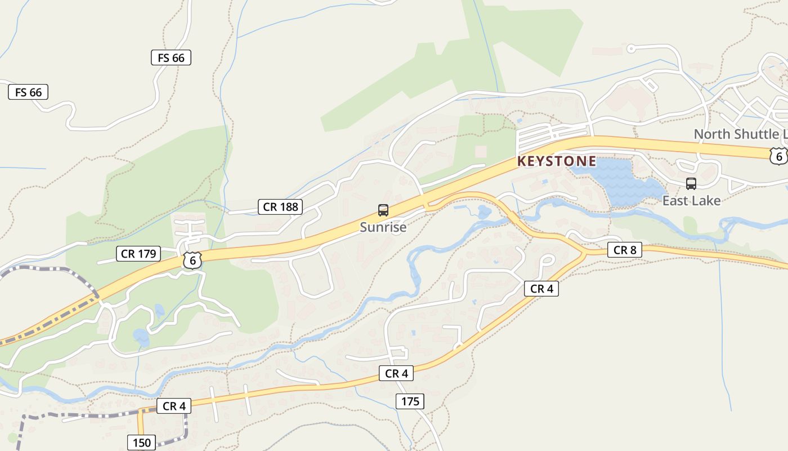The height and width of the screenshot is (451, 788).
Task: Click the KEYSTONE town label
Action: point(556,161)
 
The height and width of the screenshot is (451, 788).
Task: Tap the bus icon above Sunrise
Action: point(383,210)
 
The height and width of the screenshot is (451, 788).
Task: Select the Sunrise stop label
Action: point(383,227)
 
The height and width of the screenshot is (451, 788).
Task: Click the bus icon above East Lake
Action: point(691,184)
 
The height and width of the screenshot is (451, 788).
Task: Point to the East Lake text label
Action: point(691,201)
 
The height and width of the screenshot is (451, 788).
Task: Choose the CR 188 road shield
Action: point(281,207)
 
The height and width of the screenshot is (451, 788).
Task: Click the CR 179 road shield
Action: point(138,254)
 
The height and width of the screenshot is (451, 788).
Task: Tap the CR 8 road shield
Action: point(624,250)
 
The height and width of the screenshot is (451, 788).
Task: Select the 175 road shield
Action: point(410,401)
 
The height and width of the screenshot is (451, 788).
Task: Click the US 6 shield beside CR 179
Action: point(192,260)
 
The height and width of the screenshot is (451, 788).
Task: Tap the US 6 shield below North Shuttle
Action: point(778,156)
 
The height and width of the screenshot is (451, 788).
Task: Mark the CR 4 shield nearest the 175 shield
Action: point(396,373)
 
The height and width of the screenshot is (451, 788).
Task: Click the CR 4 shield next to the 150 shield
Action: point(173,406)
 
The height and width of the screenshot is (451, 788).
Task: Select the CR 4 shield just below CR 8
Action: point(541,289)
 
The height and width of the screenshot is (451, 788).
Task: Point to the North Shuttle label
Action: point(740,134)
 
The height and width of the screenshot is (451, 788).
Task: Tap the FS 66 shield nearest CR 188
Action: point(171,58)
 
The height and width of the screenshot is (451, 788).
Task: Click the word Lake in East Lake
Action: point(706,201)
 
